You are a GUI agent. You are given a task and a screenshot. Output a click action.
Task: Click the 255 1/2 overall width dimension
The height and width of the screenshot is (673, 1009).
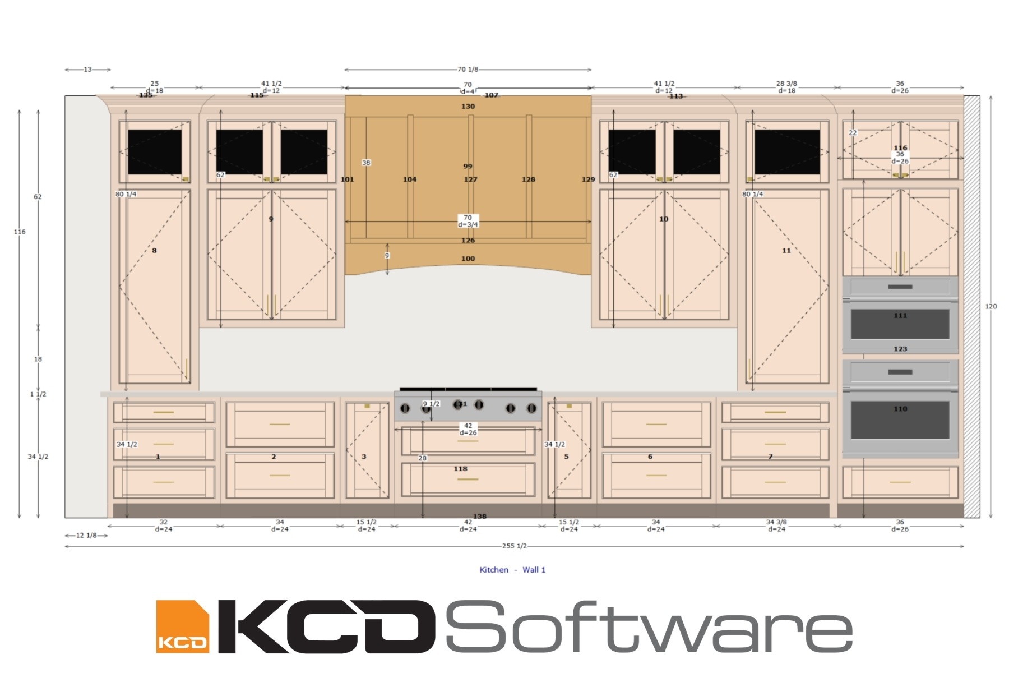514,546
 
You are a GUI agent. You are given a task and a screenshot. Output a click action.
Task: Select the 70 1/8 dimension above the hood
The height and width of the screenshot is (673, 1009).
468,70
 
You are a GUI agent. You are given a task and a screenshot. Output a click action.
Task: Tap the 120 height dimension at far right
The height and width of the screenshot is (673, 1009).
991,306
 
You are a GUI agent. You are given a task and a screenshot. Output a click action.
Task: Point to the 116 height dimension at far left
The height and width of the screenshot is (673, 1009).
20,232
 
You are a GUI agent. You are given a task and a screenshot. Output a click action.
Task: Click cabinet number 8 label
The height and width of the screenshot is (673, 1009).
154,251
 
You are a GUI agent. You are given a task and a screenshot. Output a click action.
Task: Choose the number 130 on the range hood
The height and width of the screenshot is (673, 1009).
468,107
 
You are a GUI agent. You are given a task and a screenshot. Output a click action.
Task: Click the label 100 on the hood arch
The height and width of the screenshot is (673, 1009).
468,259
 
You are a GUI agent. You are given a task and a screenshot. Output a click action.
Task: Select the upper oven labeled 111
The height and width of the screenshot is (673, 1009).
900,316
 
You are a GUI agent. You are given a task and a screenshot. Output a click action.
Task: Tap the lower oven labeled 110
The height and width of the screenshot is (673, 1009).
900,409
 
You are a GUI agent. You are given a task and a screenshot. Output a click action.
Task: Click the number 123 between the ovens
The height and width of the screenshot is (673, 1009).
900,349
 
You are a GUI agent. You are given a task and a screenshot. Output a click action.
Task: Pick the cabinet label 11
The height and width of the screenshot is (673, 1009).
786,251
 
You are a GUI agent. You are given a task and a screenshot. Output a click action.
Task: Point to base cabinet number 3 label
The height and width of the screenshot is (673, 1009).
364,457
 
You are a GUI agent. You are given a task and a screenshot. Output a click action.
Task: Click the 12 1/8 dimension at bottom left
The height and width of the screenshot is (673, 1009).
86,535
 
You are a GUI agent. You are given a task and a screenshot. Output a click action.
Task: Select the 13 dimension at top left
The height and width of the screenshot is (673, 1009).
87,70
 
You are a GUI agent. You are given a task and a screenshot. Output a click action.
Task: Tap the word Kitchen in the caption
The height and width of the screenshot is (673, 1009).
494,570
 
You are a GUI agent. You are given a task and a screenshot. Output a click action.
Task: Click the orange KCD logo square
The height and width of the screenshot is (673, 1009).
182,626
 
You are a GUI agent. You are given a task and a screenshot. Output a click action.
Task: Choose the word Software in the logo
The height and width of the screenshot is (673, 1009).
649,626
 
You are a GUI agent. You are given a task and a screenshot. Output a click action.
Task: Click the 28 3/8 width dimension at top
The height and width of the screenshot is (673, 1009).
786,84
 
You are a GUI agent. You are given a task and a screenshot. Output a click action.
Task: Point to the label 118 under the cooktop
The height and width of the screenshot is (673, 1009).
460,469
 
